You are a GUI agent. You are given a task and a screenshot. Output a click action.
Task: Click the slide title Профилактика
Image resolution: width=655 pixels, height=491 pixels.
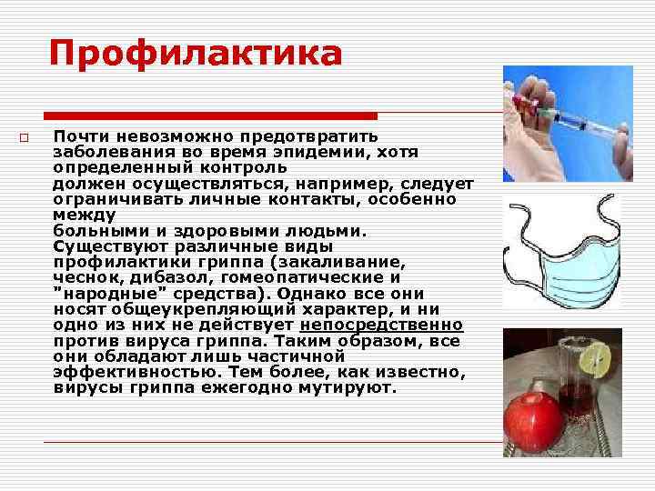tap(196, 53)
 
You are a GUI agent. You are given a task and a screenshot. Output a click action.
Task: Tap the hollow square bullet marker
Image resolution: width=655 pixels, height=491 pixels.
tap(25, 137)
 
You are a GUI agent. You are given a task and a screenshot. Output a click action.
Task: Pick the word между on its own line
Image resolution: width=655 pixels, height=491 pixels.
tap(85, 215)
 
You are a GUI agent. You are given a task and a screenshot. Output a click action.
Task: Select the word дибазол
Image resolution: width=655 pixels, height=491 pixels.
tap(170, 277)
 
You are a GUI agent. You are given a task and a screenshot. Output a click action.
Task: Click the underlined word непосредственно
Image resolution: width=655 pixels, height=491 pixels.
tap(381, 324)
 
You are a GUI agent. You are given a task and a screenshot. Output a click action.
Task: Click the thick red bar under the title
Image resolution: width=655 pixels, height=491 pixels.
tap(210, 115)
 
